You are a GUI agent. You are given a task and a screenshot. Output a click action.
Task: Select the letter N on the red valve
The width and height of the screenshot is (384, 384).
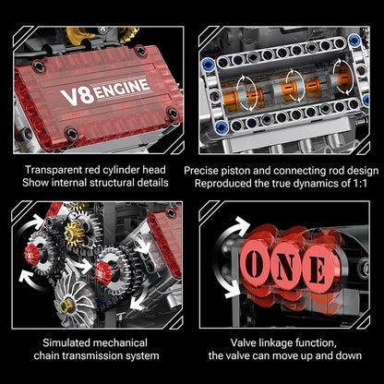coord(289,270)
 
